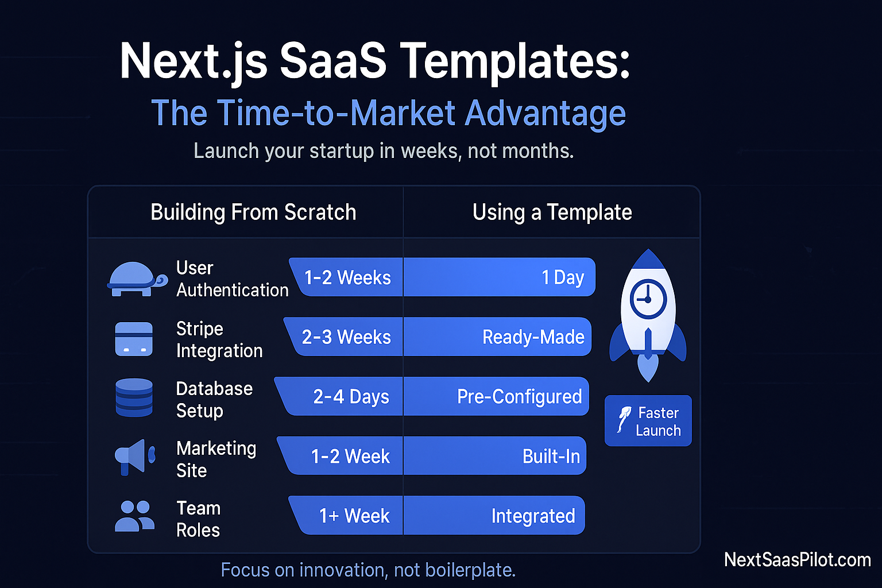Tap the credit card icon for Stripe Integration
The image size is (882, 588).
point(134,339)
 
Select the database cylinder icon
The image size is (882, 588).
point(134,397)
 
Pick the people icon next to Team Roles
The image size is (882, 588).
point(134,516)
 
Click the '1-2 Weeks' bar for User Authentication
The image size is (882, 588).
point(347,277)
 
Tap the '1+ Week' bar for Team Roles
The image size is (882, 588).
point(348,516)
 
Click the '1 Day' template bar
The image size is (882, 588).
point(500,277)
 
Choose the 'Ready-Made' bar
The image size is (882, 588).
point(497,337)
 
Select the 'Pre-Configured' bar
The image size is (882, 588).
point(496,397)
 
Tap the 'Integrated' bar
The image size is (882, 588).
point(494,516)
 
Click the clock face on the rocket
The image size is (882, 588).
point(648,300)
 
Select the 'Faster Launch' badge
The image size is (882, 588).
point(648,421)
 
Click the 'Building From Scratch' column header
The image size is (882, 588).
point(253,212)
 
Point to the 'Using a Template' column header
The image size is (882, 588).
point(552,212)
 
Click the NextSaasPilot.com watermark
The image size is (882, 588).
point(797,560)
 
